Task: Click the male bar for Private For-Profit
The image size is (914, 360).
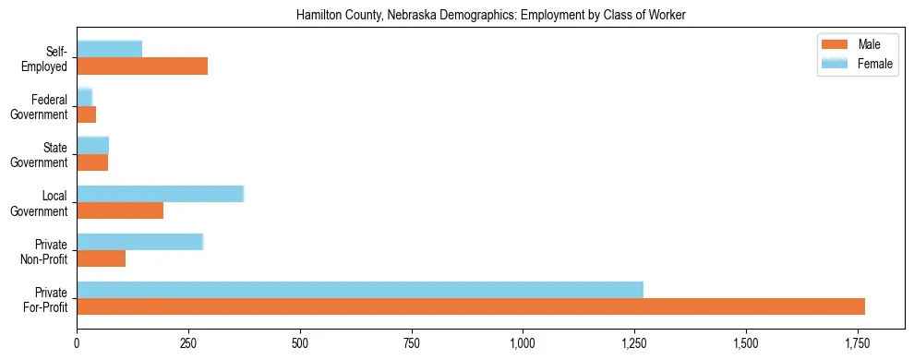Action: point(471,306)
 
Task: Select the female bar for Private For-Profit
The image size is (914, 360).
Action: point(360,289)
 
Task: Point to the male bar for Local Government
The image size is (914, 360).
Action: point(120,210)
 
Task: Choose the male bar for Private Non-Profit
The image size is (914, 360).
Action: point(101,258)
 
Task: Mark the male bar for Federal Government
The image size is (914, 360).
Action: point(86,114)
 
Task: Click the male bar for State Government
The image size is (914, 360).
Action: point(92,162)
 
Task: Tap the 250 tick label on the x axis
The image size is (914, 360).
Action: point(188,343)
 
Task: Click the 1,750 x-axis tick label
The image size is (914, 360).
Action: point(857,343)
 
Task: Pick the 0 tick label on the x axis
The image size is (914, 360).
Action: point(77,343)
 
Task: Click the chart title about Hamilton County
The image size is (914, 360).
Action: point(490,16)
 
